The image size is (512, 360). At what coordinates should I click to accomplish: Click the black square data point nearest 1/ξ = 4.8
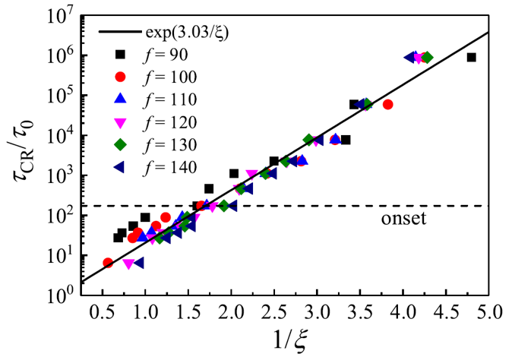coord(472,57)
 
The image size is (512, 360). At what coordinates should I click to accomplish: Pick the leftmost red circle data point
coord(108,263)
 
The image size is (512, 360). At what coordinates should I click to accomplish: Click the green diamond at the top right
coord(427,57)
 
